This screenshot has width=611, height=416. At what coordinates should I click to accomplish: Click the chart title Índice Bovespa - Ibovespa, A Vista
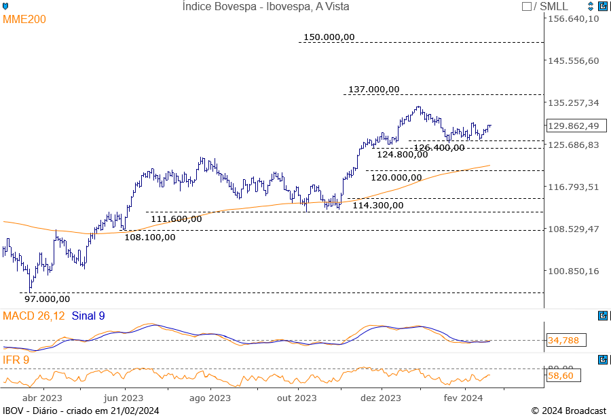tap(266, 6)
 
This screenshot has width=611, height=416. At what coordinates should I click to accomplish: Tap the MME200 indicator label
tap(24, 20)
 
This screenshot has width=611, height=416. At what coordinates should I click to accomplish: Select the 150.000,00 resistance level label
tap(329, 37)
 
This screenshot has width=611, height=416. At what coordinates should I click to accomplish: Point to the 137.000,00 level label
tap(374, 89)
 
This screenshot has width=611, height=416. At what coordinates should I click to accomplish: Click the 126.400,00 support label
tap(439, 147)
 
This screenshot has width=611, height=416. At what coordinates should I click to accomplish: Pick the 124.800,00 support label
tap(403, 154)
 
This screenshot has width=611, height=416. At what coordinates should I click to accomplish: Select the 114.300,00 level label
tap(378, 205)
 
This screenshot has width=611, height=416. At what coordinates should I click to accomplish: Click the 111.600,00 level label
tap(176, 219)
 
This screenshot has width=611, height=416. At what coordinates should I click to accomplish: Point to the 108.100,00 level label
tap(149, 237)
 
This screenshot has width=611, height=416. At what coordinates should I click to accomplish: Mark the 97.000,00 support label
tap(47, 298)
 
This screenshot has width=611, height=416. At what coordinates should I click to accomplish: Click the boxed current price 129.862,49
tap(574, 126)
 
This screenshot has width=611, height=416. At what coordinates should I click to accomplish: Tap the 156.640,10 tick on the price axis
tap(574, 18)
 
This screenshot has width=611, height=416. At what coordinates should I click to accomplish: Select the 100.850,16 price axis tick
tap(574, 271)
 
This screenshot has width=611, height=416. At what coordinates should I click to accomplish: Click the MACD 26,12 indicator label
tap(34, 316)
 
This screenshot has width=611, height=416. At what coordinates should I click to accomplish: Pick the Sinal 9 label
tap(88, 316)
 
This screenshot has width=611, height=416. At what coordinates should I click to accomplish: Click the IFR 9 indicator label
tap(16, 359)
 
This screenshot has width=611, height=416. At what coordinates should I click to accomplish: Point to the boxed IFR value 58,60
tap(562, 375)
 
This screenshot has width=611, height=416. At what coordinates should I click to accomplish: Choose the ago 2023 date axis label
tap(210, 398)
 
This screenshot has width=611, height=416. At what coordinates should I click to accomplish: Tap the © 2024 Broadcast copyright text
tap(568, 411)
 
